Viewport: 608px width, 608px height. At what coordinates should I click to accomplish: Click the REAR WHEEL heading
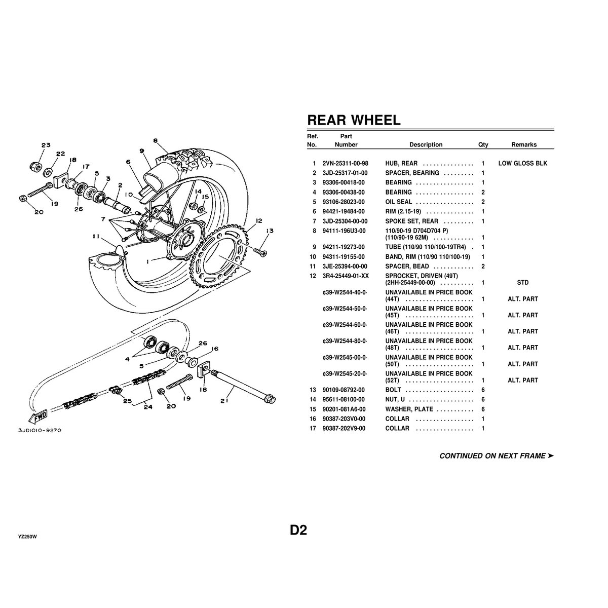pos(354,120)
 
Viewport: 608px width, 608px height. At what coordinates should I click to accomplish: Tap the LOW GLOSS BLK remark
pos(522,164)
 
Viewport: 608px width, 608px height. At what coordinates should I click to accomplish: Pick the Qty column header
pos(483,145)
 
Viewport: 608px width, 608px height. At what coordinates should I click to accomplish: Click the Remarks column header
pos(523,145)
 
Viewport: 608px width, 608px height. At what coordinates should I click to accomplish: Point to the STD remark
pos(523,283)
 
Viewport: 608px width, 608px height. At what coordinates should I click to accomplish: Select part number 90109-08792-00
pos(343,390)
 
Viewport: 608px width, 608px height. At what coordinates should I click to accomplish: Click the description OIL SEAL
pos(399,202)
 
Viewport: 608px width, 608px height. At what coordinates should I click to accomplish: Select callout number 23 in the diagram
pos(46,145)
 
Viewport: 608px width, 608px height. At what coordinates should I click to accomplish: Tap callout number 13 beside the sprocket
pos(269,231)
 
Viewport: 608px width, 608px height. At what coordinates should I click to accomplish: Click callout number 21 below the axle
pos(224,401)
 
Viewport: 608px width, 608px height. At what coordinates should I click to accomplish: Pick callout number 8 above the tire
pos(156,140)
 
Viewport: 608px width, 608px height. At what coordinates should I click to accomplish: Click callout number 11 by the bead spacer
pos(97,236)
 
